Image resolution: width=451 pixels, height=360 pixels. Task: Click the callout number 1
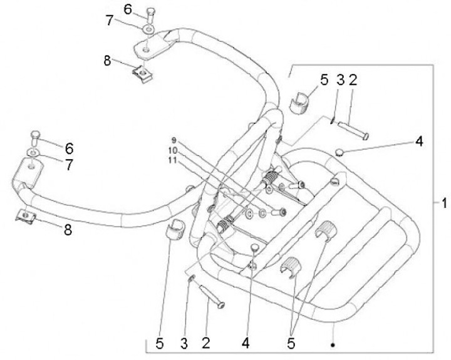pos(444,203)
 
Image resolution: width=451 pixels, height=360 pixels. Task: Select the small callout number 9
pos(174,141)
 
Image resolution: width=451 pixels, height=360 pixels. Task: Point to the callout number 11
pos(172,160)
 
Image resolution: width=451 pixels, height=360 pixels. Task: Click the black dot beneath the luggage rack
pos(333,344)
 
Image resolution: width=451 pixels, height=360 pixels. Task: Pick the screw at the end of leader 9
pos(279,212)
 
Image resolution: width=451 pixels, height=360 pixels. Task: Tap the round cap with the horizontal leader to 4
pos(340,152)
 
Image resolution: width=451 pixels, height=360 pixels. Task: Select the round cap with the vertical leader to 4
pos(254,247)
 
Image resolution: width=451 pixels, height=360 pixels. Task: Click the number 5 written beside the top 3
pos(324,80)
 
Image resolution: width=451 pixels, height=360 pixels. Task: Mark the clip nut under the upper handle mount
pos(142,74)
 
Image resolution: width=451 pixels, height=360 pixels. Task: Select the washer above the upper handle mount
pos(148,29)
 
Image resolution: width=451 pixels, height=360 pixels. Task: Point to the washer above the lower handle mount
pos(34,152)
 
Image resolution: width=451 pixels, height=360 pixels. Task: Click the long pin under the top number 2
pos(353,130)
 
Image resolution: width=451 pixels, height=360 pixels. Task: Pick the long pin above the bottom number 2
pos(212,296)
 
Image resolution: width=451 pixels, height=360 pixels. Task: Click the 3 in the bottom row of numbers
pos(184,343)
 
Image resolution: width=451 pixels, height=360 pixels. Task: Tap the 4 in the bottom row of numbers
pos(246,343)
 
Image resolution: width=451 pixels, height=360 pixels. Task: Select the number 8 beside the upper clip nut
pos(107,61)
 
